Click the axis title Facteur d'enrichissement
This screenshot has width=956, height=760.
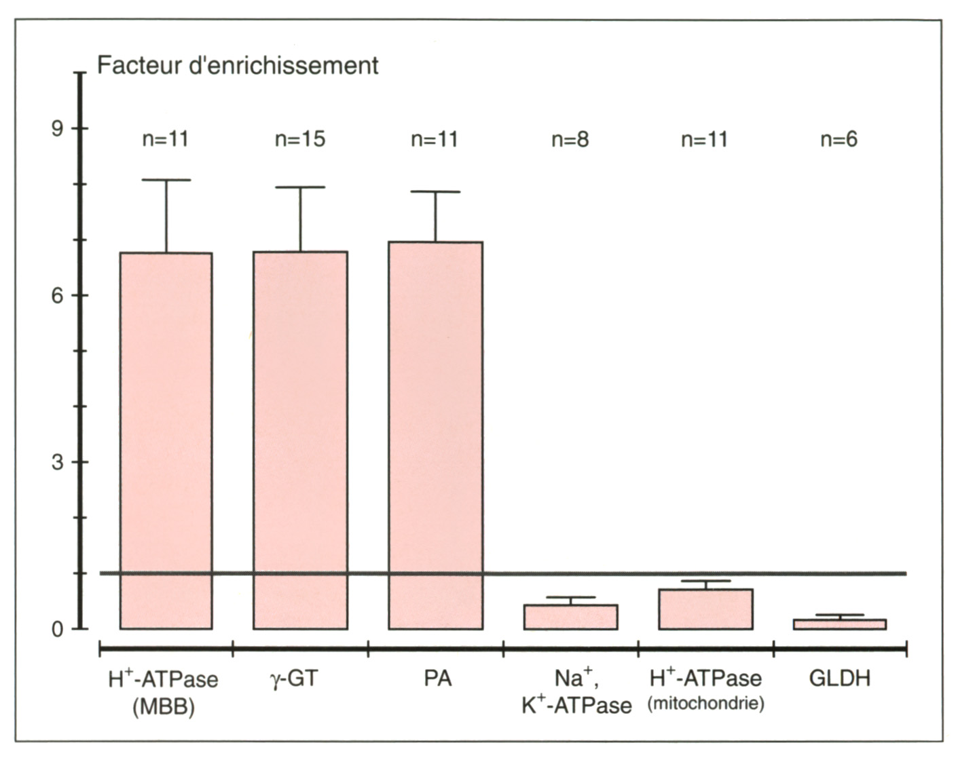coord(238,65)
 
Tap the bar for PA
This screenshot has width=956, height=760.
coord(435,435)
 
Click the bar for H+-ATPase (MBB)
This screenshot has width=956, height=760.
coord(166,440)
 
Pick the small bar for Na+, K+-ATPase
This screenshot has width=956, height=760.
coord(570,617)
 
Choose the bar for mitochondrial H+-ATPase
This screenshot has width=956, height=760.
coord(705,609)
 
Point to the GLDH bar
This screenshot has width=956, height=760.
coord(840,624)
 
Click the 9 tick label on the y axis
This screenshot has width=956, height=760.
coord(58,128)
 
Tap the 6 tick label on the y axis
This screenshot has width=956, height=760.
coord(58,295)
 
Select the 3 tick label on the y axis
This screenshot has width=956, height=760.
coord(58,462)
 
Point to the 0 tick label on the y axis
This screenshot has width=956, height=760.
coord(58,629)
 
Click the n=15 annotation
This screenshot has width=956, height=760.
coord(300,139)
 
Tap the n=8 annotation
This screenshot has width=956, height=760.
coord(570,139)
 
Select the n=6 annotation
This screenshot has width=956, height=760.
coord(839,139)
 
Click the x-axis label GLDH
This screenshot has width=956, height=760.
coord(840,679)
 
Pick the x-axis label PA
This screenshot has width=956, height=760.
coord(437,679)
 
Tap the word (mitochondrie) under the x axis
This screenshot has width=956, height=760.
coord(705,704)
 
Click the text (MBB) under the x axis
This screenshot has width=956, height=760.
coord(163,707)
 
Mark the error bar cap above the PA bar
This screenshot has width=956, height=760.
coord(435,192)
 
